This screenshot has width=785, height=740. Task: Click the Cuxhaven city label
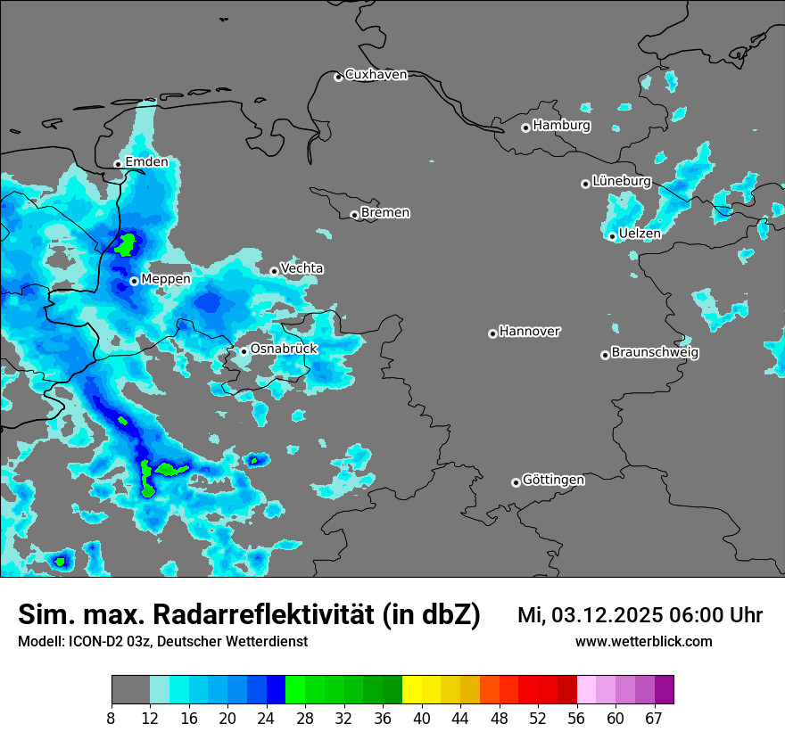[x=376, y=75]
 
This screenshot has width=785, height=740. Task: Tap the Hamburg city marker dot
[x=525, y=127]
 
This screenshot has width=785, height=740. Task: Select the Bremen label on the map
[x=385, y=213]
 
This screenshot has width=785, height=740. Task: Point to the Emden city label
[x=146, y=162]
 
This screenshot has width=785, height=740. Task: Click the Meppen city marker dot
[x=134, y=281]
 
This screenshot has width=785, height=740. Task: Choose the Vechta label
[x=302, y=268]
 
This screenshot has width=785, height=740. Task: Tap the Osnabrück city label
[x=284, y=349]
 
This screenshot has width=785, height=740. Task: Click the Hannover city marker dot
[x=492, y=333]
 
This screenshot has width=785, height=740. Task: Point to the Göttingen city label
[x=553, y=480]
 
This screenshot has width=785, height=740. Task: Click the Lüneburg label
[x=621, y=181]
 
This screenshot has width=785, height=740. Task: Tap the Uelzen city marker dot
[x=612, y=236]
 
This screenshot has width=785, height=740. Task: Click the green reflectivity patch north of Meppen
[x=128, y=242]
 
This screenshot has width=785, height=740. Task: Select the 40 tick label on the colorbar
[x=421, y=719]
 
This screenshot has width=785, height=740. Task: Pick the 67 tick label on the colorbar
[x=654, y=719]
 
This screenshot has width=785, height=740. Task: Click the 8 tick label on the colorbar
[x=112, y=719]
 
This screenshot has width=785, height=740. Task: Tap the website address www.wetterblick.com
[x=643, y=642]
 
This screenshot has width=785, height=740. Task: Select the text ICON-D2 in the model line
[x=92, y=642]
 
